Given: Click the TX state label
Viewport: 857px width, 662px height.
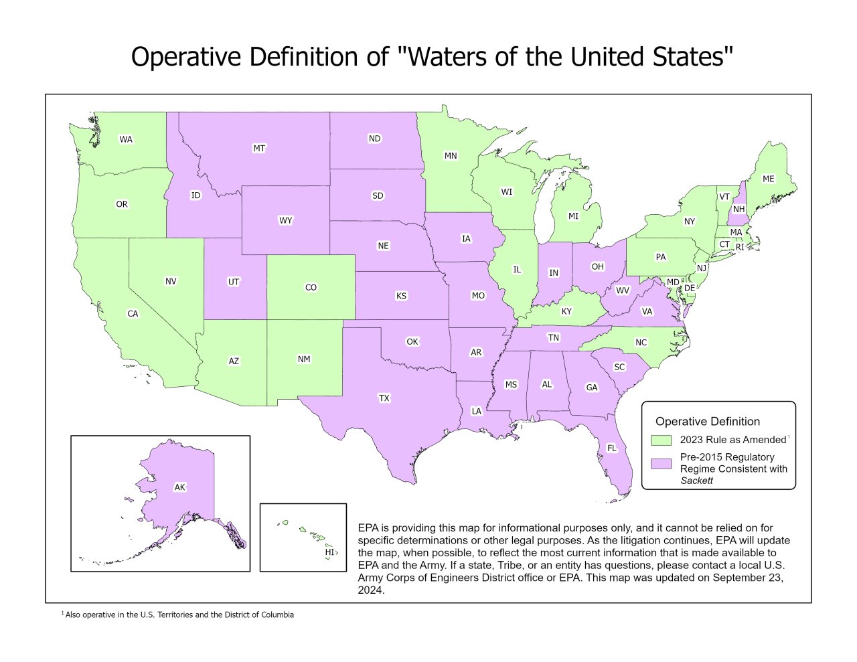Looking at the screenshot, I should (384, 398).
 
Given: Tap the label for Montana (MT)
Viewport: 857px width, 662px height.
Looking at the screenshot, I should (259, 148).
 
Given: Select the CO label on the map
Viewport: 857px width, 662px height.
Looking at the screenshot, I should (311, 287).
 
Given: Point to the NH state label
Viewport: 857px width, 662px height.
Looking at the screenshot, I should (738, 210).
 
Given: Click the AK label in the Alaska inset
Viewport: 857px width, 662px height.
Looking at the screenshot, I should (179, 487).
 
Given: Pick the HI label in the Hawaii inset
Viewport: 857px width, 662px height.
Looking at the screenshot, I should (329, 552).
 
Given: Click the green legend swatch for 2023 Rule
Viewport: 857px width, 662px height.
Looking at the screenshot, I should (661, 440).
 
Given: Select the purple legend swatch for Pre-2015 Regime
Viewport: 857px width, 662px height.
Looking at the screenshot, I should (661, 463).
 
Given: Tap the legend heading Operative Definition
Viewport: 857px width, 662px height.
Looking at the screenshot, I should (707, 422).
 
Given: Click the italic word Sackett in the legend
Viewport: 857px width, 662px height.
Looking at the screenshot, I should (696, 481).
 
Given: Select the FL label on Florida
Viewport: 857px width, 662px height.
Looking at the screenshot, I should (611, 448).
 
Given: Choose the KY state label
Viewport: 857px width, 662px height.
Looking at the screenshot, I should (566, 311).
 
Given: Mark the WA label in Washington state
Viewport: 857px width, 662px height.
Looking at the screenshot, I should (126, 139).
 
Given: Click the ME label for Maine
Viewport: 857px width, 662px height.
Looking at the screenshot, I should (768, 179).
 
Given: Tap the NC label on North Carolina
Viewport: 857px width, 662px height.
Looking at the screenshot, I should (641, 342).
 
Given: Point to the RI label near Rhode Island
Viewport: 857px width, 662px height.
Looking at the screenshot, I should (739, 247).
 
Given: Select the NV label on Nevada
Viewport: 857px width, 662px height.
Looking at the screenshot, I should (171, 281).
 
